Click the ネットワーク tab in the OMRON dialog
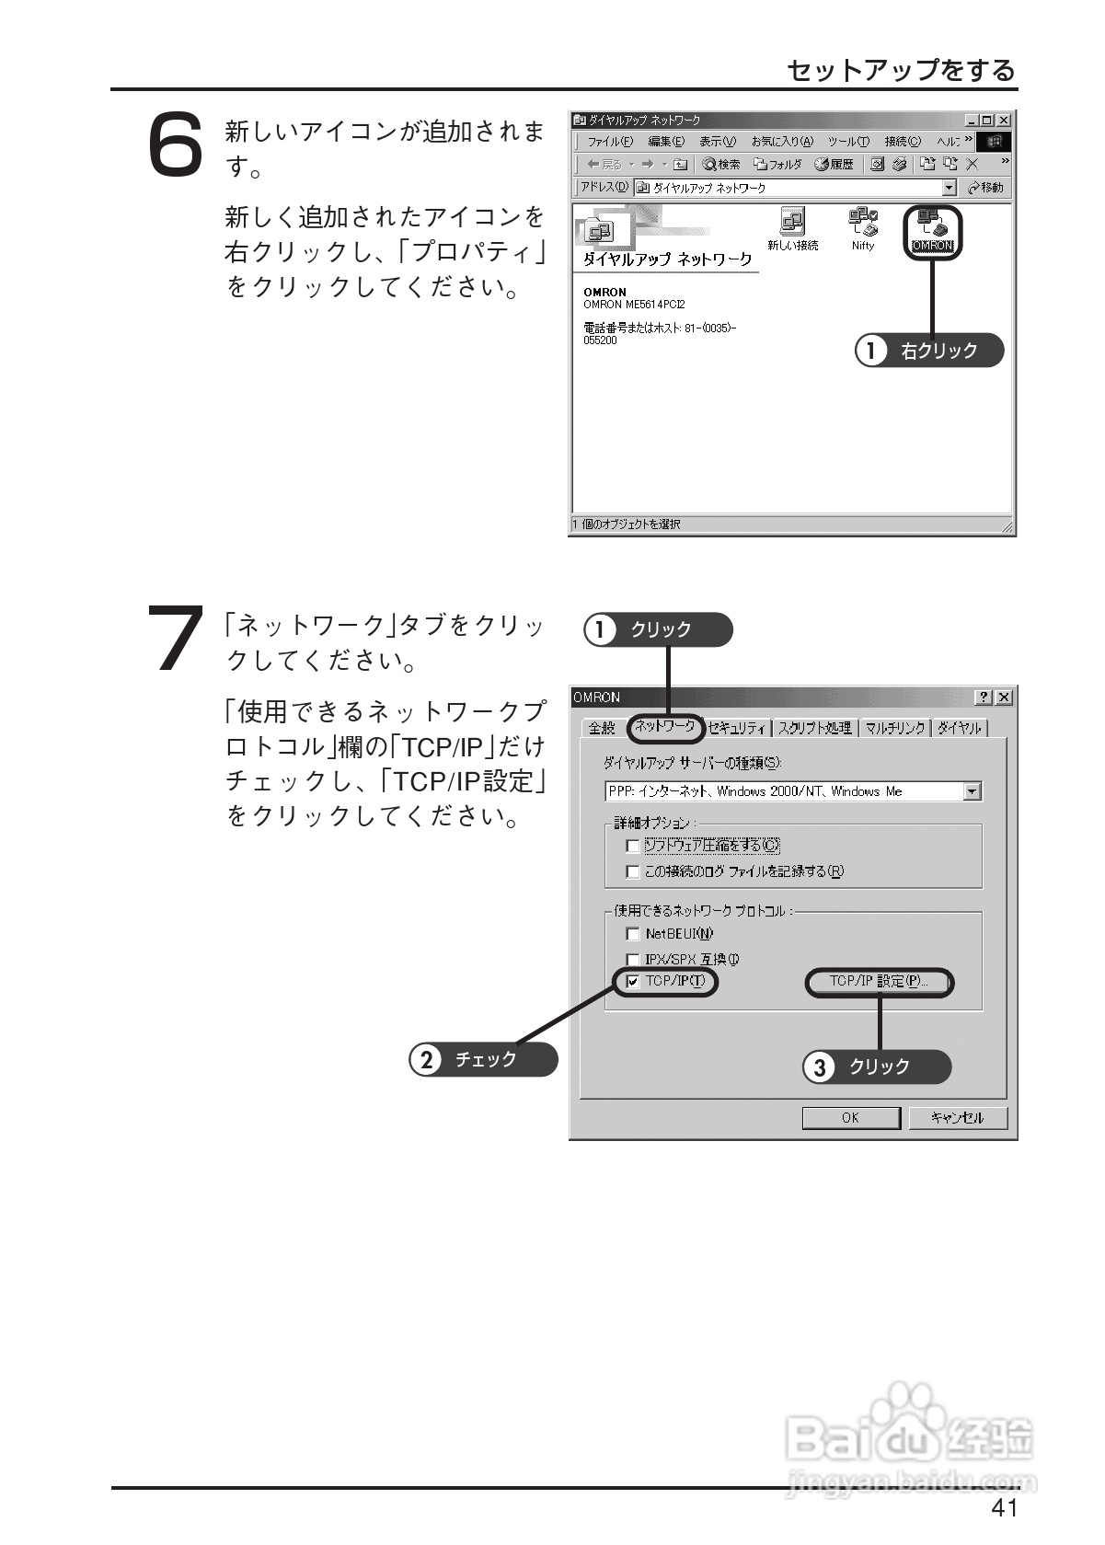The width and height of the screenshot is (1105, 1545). tap(664, 726)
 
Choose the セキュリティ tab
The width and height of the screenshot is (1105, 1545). tap(738, 728)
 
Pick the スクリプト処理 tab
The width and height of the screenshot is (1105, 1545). tap(814, 728)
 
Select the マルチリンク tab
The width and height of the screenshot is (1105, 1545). tap(894, 728)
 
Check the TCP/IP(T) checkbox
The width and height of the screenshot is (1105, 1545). tap(633, 982)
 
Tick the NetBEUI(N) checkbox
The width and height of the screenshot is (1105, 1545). tap(633, 934)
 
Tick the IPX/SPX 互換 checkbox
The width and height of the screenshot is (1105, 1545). tap(633, 960)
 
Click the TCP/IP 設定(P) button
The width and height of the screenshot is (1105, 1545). tap(879, 982)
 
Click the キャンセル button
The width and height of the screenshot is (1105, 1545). tap(957, 1117)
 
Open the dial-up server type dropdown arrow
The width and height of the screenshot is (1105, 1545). tap(973, 791)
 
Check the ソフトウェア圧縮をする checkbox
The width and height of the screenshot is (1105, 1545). tap(633, 846)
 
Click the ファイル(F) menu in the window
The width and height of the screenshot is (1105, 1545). tap(609, 142)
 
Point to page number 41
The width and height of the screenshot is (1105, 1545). tap(1004, 1507)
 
